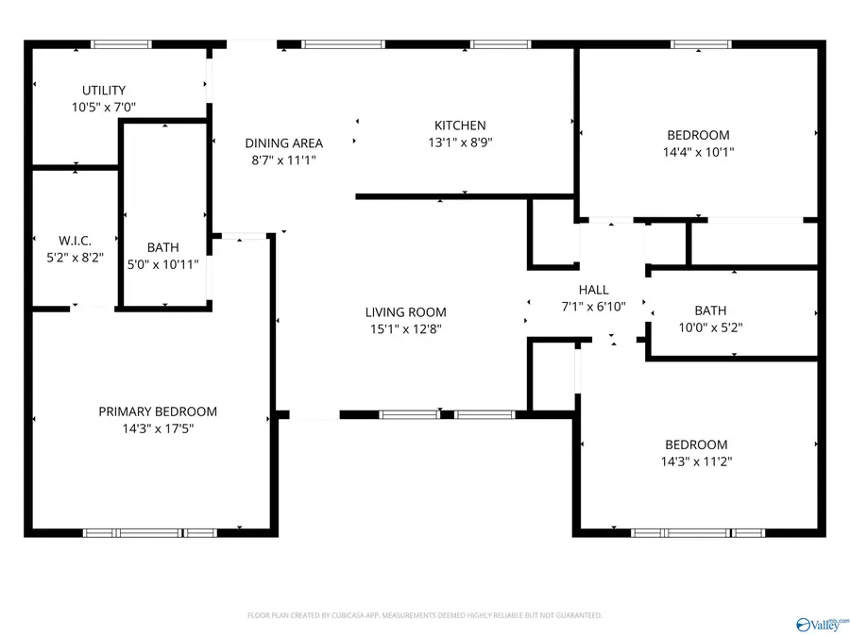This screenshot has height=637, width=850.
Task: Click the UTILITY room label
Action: (104, 91)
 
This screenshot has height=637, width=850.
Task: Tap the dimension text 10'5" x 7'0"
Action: (104, 108)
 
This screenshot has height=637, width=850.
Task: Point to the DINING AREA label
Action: (283, 143)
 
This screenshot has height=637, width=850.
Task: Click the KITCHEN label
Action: (460, 126)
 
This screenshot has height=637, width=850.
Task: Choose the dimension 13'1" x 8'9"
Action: (460, 142)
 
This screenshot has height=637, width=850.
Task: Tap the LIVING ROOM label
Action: (406, 312)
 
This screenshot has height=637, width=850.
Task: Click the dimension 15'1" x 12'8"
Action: (406, 329)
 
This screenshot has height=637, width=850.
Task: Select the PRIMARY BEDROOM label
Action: (158, 411)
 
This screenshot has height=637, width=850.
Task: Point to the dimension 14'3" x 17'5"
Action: (158, 428)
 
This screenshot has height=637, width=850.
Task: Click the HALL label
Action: (594, 290)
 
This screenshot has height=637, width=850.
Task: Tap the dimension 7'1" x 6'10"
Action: (594, 307)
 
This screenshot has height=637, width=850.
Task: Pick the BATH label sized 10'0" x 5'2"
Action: (710, 310)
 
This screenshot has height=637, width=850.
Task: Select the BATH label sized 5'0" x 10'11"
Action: (162, 248)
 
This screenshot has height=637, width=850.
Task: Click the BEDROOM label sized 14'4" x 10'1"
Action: (698, 135)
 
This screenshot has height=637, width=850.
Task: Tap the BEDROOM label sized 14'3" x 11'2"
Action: (696, 444)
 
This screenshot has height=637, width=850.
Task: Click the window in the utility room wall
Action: (121, 43)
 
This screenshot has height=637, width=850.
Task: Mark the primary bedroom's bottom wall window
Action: (150, 533)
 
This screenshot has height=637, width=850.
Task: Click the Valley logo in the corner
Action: (823, 623)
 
